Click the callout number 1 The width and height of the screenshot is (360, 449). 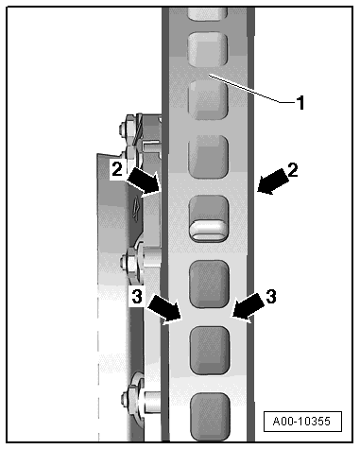[x=300, y=103]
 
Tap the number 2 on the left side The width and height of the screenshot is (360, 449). [x=117, y=170]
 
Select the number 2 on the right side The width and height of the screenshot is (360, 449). [x=292, y=170]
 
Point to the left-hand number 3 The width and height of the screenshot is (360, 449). [x=137, y=297]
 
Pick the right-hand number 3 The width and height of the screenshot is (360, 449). [x=271, y=296]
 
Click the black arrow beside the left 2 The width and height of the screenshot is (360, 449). [x=145, y=182]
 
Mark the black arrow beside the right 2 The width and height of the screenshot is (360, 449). [x=272, y=181]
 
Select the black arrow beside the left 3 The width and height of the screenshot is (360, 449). [x=164, y=309]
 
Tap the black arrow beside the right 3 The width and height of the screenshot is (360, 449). [x=249, y=308]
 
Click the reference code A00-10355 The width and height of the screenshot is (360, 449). [x=302, y=422]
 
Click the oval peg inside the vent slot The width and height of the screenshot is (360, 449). [x=208, y=231]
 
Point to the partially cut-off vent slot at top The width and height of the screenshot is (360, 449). [x=207, y=13]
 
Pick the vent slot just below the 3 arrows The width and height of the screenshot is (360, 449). [x=210, y=351]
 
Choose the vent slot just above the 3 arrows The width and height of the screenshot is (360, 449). [x=209, y=284]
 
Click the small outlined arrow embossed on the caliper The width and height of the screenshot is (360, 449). [x=136, y=209]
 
